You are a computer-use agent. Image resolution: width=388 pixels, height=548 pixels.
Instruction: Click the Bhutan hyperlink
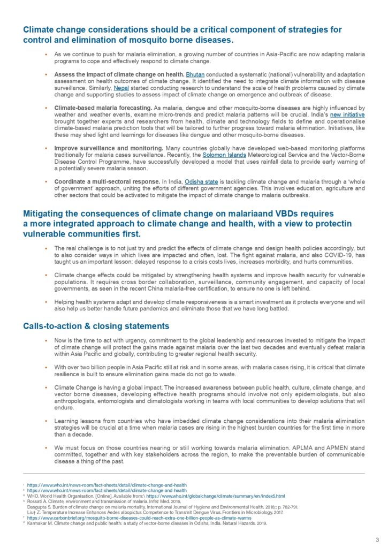click(195, 73)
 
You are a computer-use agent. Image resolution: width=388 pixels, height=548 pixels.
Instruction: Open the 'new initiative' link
click(348, 114)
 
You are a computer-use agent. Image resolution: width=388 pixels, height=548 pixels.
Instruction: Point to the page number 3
click(377, 539)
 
